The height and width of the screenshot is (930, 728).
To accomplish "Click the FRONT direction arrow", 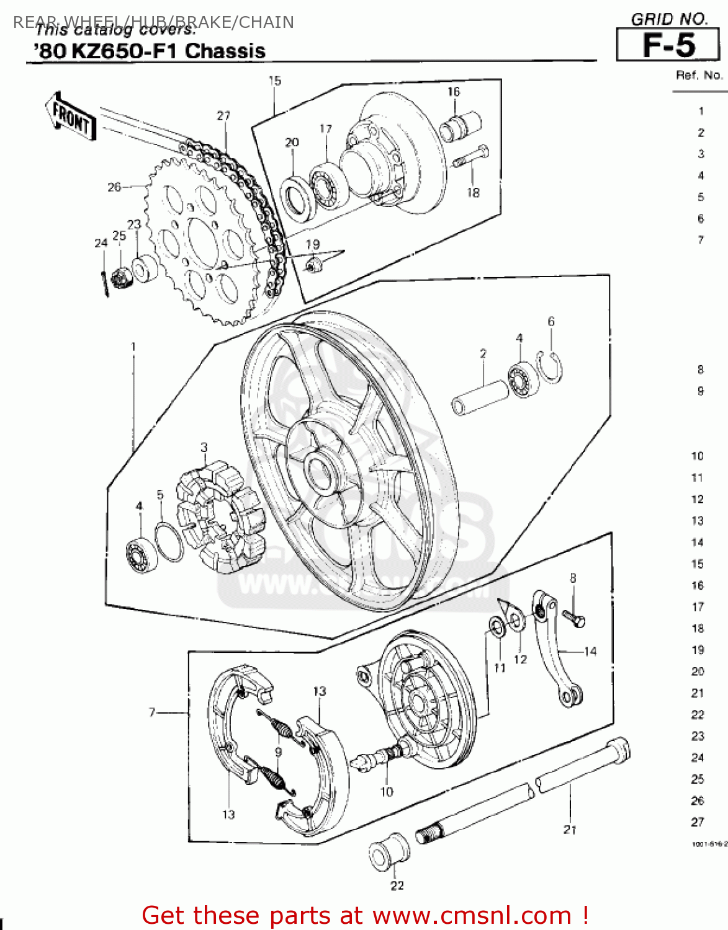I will [x=71, y=117].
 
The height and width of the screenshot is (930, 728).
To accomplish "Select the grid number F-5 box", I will [x=668, y=45].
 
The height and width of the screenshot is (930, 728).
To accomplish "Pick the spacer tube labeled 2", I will [x=480, y=397].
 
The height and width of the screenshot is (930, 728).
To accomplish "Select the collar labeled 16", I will [x=460, y=126].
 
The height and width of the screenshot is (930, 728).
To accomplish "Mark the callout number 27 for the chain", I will [x=223, y=115].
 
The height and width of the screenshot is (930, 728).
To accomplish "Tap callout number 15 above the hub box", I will [x=274, y=81].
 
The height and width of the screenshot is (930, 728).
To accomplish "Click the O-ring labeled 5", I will [x=168, y=541].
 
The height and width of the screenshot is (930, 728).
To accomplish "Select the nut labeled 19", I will [x=313, y=265].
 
